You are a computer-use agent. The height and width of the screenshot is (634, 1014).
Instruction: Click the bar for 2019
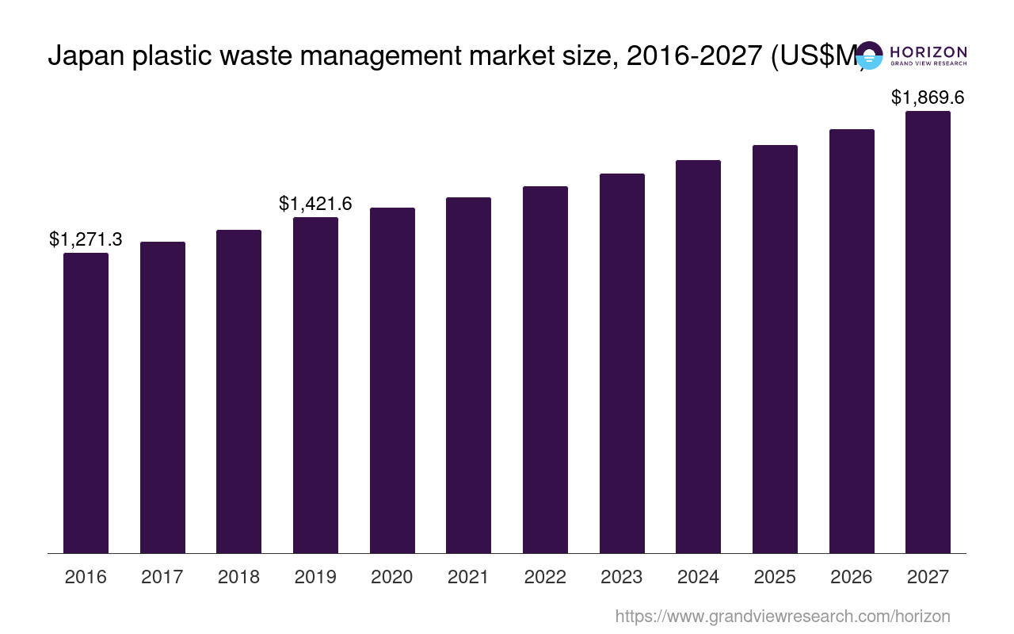(x=315, y=385)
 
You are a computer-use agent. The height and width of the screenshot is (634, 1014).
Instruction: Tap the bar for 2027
(x=928, y=332)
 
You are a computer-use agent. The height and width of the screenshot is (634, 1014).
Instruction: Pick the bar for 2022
(x=545, y=369)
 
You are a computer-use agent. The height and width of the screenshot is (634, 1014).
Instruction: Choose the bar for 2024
(x=698, y=357)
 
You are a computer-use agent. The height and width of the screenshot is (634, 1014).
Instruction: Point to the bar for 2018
(x=238, y=391)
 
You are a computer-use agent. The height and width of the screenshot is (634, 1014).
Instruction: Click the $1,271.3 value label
(x=86, y=239)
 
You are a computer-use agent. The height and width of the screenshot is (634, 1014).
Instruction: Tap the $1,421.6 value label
(x=315, y=204)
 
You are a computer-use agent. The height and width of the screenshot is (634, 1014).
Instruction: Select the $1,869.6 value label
(x=928, y=97)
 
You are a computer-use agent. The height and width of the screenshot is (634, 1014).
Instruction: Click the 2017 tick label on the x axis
(x=162, y=577)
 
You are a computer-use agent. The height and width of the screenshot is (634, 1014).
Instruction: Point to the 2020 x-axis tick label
(x=392, y=577)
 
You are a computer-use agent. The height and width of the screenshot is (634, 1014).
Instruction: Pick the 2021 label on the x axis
(x=468, y=577)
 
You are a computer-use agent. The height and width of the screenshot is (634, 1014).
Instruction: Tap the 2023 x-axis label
(x=622, y=577)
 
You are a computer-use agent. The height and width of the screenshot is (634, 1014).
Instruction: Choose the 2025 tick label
(x=775, y=577)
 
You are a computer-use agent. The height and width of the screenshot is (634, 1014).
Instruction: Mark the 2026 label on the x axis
(x=852, y=577)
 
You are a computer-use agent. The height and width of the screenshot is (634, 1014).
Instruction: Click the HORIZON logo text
(x=928, y=52)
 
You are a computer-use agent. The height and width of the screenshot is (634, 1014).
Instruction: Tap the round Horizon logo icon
(x=869, y=55)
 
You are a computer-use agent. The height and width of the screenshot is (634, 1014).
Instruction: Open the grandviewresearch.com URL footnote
(x=783, y=616)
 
